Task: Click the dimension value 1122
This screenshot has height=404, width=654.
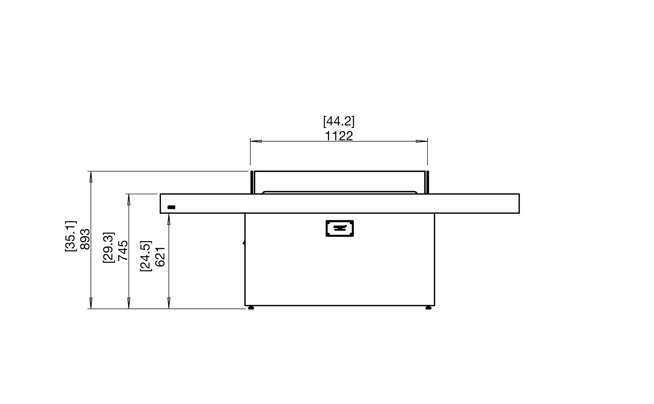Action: (x=339, y=136)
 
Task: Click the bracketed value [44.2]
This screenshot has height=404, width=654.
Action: (x=339, y=122)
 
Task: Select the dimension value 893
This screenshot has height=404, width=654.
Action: (x=85, y=239)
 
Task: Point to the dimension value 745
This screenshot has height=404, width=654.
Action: (x=123, y=250)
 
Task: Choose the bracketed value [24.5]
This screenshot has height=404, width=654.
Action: (x=146, y=256)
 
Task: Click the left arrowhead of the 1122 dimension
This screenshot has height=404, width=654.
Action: (x=256, y=141)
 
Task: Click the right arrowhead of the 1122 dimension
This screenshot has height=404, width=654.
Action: (x=422, y=141)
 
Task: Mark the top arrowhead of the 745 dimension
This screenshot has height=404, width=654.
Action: (x=129, y=200)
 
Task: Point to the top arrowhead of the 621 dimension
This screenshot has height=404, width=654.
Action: (x=169, y=219)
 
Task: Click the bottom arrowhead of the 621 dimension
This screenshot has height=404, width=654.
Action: (x=169, y=303)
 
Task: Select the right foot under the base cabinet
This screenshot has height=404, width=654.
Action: (x=428, y=308)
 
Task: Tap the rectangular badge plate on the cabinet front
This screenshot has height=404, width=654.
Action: (x=339, y=229)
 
